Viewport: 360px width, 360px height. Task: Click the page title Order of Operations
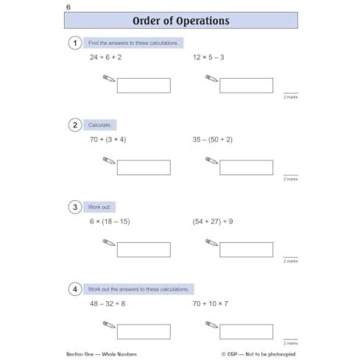click(181, 21)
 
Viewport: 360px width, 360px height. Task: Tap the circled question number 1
click(75, 43)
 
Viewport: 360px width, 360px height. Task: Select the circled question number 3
click(75, 207)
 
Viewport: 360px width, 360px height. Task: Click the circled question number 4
click(75, 289)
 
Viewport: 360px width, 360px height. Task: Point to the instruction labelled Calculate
click(99, 125)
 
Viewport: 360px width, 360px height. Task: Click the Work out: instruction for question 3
click(99, 207)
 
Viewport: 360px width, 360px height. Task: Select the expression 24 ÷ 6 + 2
click(106, 57)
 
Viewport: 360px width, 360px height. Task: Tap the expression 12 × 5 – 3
click(208, 57)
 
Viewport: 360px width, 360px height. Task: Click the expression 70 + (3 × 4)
click(108, 140)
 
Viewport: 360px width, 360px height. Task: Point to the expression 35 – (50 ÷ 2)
click(213, 140)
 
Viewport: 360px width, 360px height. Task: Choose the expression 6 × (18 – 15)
click(110, 222)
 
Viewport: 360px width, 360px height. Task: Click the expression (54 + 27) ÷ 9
click(213, 222)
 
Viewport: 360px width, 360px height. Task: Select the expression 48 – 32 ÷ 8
click(107, 304)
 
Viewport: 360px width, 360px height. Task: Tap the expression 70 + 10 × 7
click(211, 304)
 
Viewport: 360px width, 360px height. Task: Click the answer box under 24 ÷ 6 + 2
click(144, 85)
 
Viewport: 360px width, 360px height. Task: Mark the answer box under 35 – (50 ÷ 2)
click(247, 168)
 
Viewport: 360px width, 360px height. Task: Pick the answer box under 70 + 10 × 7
click(247, 332)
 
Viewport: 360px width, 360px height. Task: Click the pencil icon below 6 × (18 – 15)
click(109, 242)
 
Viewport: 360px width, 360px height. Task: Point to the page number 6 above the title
click(68, 7)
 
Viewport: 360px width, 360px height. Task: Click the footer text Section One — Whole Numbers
click(102, 354)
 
